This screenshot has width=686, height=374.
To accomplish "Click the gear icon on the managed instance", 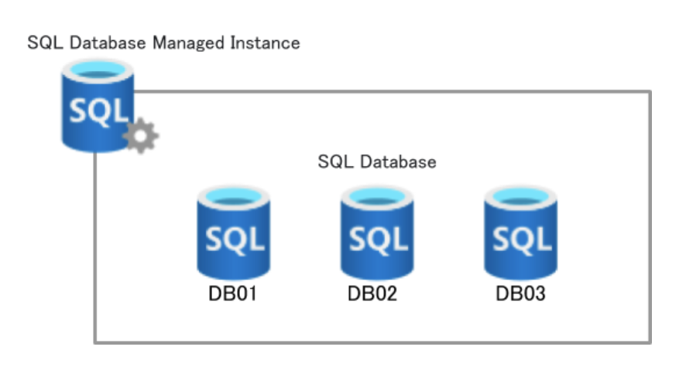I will click(140, 137).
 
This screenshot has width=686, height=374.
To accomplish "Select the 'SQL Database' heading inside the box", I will click(377, 162).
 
